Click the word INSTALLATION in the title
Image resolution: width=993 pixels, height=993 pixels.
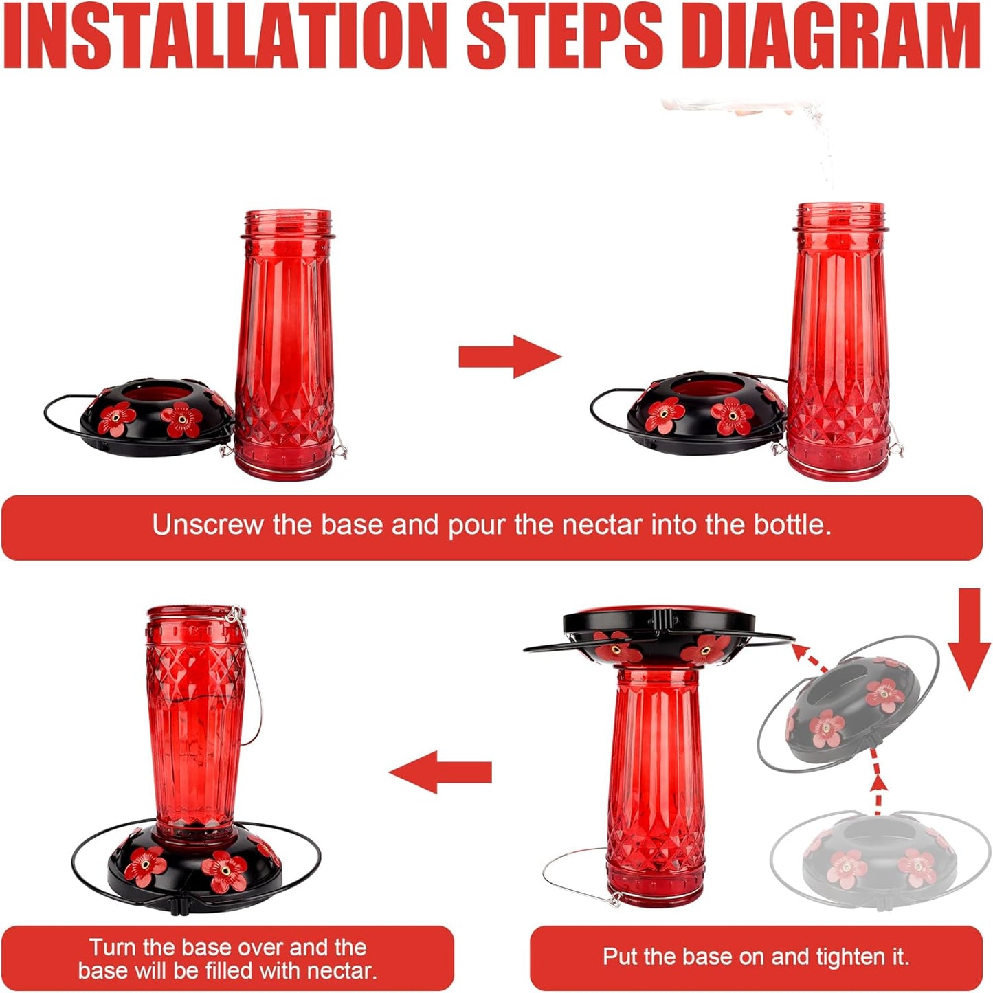(225, 35)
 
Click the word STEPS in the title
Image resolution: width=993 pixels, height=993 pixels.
(566, 35)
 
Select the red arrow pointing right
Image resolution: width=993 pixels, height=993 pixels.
(510, 357)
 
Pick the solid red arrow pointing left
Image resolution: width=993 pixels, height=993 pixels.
(440, 772)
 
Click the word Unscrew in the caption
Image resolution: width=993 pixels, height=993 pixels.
(207, 524)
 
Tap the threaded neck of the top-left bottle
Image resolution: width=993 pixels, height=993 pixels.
(287, 223)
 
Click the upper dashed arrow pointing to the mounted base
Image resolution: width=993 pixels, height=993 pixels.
(807, 656)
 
